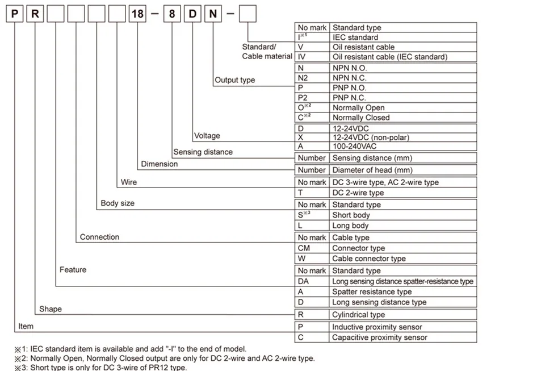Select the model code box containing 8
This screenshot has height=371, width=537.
click(171, 14)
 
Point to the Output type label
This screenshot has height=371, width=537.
click(234, 80)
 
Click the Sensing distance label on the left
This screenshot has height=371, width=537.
click(203, 152)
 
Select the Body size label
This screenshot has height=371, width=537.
click(118, 203)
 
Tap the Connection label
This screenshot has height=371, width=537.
click(99, 237)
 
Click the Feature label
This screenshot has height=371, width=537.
click(73, 269)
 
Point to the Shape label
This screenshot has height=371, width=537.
click(51, 309)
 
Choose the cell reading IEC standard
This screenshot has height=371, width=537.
click(355, 37)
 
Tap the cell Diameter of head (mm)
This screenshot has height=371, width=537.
click(372, 170)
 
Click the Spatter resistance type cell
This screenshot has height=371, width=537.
click(372, 292)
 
